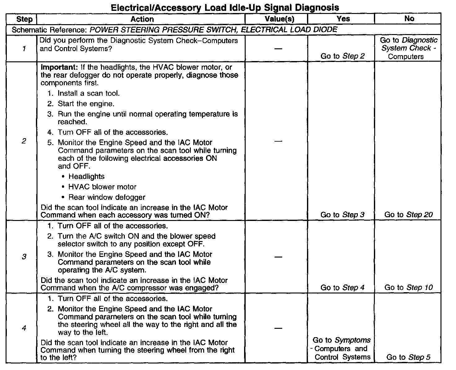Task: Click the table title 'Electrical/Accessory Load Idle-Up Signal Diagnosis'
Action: (225, 7)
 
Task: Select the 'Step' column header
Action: (24, 19)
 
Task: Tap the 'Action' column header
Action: (142, 19)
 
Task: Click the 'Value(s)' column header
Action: (279, 19)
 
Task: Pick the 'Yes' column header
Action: (343, 19)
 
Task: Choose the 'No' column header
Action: (409, 19)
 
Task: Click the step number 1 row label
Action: (24, 49)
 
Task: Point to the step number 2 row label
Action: (24, 141)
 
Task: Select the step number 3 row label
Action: (24, 257)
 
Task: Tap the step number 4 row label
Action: (24, 328)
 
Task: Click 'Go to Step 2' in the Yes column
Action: (342, 56)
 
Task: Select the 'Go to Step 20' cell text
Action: (408, 215)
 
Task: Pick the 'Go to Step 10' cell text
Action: (408, 288)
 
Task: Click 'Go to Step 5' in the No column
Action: (408, 357)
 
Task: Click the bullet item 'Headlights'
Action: (86, 177)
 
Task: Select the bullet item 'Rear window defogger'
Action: (107, 197)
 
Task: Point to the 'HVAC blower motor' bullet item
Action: (102, 187)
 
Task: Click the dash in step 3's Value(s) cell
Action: (278, 257)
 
